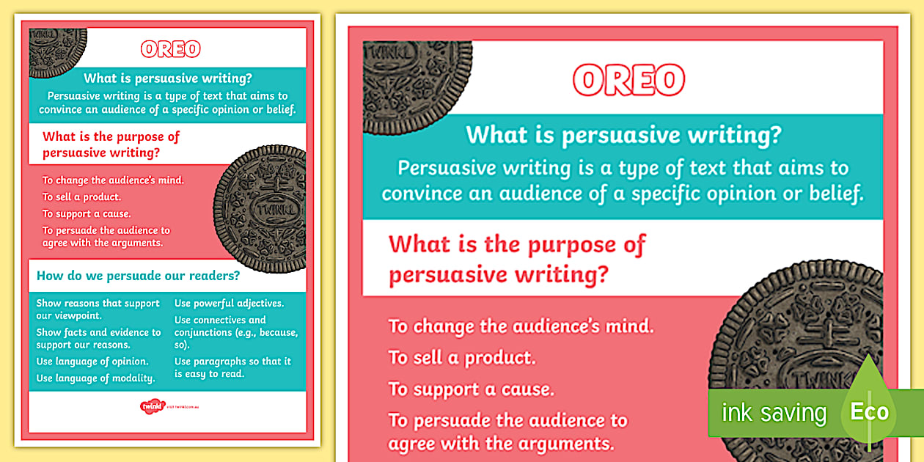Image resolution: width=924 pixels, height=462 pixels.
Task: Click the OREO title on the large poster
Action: click(x=629, y=80)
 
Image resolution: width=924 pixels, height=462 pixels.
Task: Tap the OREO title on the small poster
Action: click(x=171, y=49)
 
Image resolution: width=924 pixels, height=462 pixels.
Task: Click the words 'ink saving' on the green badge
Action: click(x=774, y=413)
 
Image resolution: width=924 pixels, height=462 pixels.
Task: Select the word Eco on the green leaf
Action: click(x=869, y=411)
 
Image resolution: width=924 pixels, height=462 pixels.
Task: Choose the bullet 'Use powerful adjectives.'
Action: click(x=229, y=303)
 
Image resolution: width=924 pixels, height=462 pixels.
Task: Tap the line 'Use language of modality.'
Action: click(x=95, y=378)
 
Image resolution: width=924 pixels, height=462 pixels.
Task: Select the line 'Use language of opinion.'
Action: click(x=92, y=362)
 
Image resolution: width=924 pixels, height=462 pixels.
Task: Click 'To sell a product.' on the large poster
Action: click(x=462, y=358)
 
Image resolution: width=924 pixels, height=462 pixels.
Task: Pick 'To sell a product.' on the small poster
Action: click(x=81, y=197)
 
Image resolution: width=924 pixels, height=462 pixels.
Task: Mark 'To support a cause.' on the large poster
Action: click(x=471, y=389)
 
